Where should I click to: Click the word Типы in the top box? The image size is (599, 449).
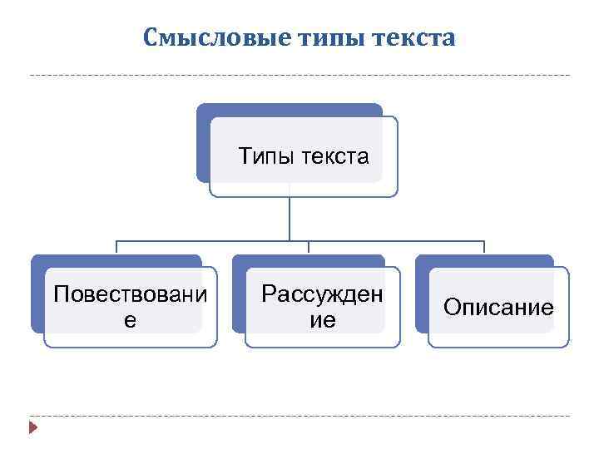[265, 155]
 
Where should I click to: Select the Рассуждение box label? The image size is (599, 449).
[323, 306]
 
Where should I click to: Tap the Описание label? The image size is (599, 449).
[498, 308]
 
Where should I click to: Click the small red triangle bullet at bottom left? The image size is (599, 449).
[33, 428]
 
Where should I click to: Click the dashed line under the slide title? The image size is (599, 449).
[299, 76]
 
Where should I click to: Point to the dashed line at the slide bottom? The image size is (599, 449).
[299, 416]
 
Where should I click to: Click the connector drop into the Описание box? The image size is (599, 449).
[484, 248]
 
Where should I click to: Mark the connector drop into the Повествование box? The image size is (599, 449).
[116, 248]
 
